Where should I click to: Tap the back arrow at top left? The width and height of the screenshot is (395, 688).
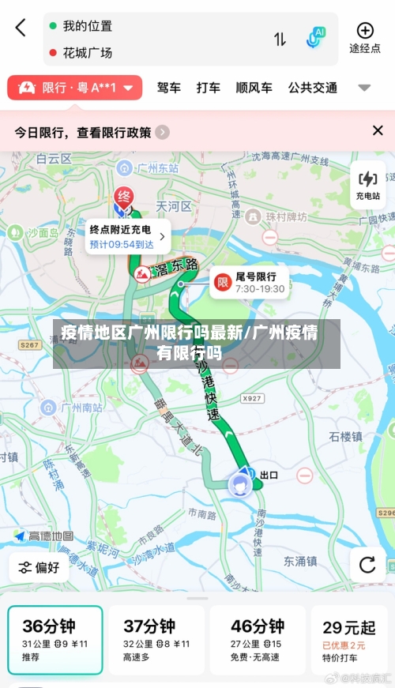[x=21, y=28]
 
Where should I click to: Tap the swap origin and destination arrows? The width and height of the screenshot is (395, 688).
[x=280, y=39]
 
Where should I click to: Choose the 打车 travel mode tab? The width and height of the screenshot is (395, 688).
[x=209, y=88]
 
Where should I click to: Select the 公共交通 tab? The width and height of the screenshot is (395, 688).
[x=312, y=88]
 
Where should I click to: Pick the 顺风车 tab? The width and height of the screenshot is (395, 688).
[x=254, y=88]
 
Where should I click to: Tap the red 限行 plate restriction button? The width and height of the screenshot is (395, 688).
[x=75, y=88]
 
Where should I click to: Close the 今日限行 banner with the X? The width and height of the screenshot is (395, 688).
[x=378, y=131]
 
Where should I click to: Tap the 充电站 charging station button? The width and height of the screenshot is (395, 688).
[x=367, y=186]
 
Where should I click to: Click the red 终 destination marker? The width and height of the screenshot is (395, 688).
[x=123, y=197]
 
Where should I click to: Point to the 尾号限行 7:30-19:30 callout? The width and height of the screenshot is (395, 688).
[x=249, y=282]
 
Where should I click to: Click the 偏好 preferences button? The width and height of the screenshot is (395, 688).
[x=39, y=567]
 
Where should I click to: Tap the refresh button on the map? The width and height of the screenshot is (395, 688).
[x=367, y=565]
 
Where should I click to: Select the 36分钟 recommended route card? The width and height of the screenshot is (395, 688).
[x=55, y=639]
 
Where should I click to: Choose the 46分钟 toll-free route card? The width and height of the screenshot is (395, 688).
[x=257, y=639]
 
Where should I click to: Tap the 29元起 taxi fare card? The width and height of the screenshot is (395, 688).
[x=349, y=639]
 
